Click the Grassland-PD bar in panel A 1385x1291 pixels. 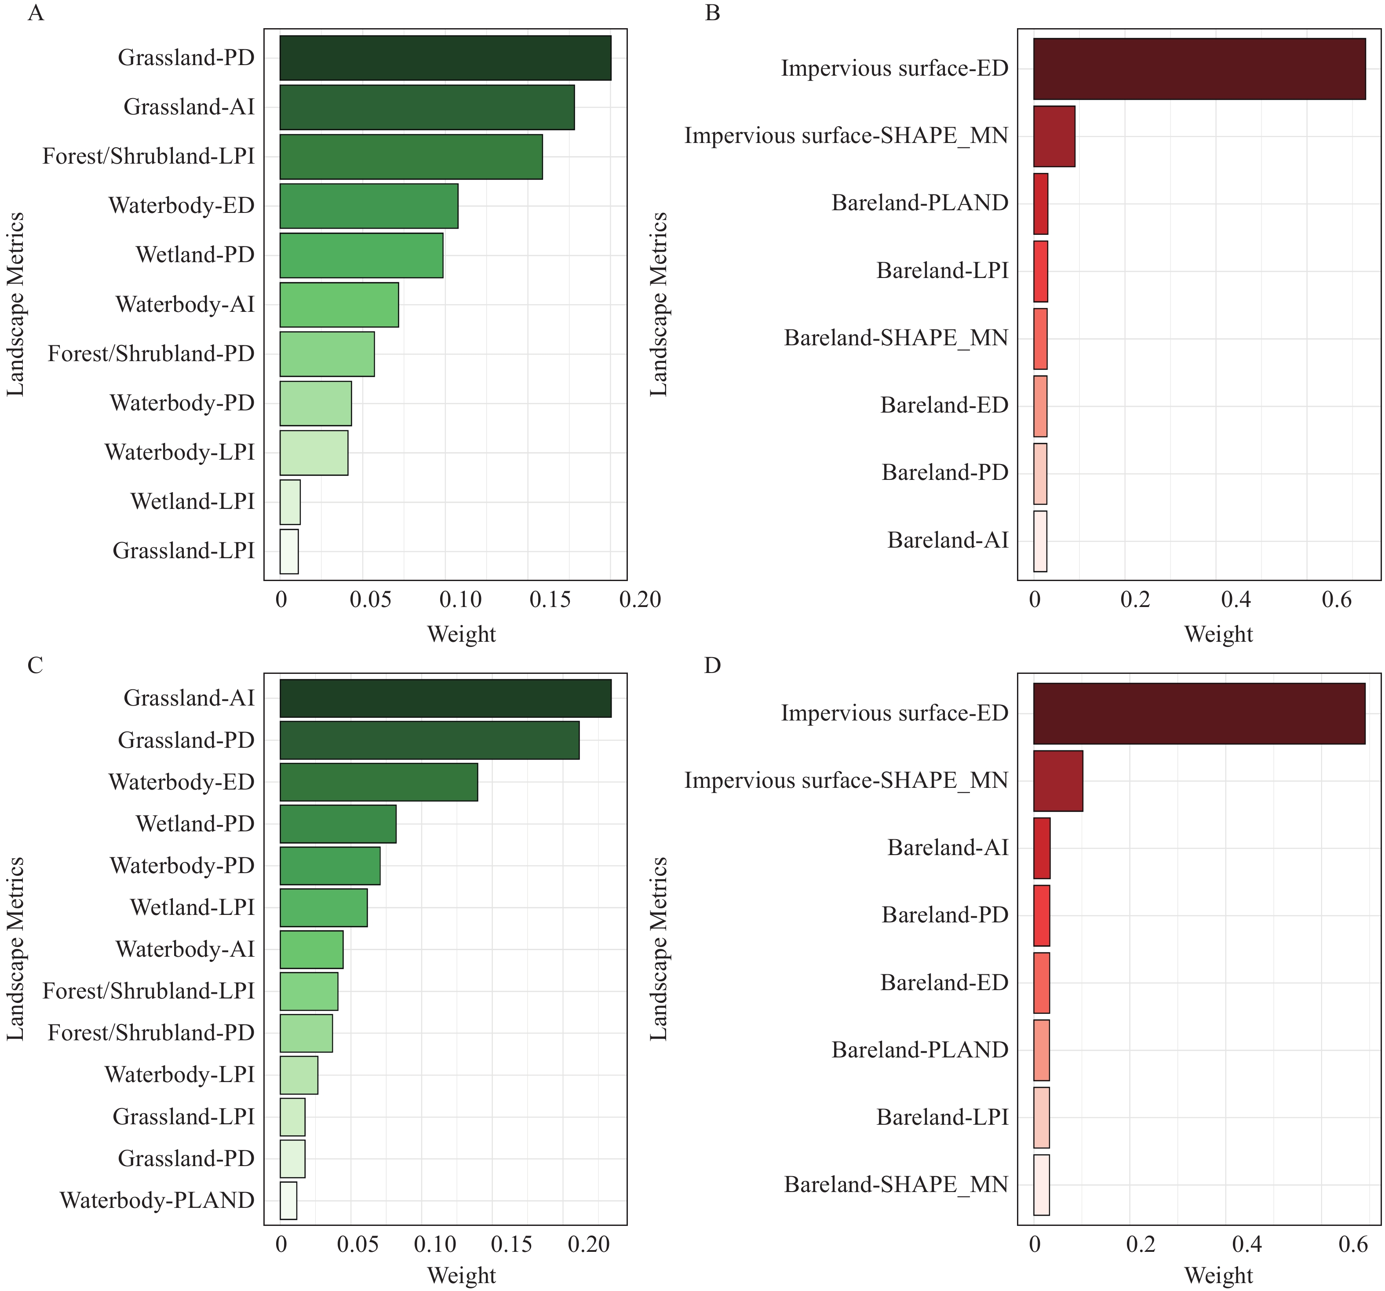(445, 58)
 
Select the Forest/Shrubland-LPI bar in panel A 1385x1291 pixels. (411, 157)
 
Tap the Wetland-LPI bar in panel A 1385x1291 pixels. (290, 502)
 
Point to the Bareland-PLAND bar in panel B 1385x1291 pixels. (1041, 204)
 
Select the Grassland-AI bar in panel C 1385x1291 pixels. (445, 698)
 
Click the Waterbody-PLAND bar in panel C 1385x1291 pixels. (288, 1200)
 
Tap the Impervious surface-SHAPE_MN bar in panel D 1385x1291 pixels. (1057, 781)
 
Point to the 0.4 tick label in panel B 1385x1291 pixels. (1235, 600)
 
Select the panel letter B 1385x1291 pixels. (712, 13)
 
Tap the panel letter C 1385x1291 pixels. (35, 666)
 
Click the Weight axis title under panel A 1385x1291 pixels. (461, 634)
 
